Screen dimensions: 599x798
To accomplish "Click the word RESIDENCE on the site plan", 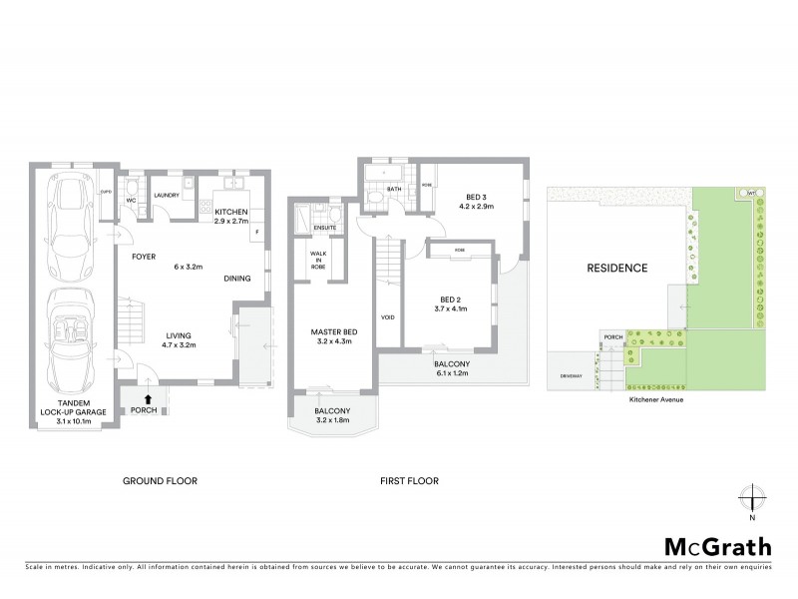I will pyautogui.click(x=616, y=268).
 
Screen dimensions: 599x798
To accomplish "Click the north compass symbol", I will pyautogui.click(x=752, y=498).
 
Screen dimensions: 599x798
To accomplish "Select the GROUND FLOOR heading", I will pyautogui.click(x=160, y=481).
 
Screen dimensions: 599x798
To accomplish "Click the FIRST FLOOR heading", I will pyautogui.click(x=409, y=481).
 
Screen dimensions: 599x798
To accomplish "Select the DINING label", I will pyautogui.click(x=236, y=280).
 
